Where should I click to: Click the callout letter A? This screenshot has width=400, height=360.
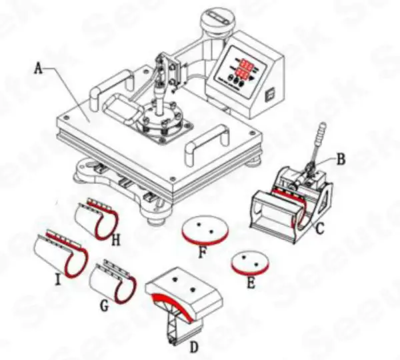point(39,67)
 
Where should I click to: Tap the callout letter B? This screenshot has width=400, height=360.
point(341,159)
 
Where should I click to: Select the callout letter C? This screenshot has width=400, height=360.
point(320,231)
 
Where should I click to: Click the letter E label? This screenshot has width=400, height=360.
point(251,282)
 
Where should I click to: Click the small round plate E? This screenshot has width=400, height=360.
point(250,261)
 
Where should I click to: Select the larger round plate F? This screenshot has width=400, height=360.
point(206,229)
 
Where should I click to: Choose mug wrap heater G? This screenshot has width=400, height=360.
point(117,279)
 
